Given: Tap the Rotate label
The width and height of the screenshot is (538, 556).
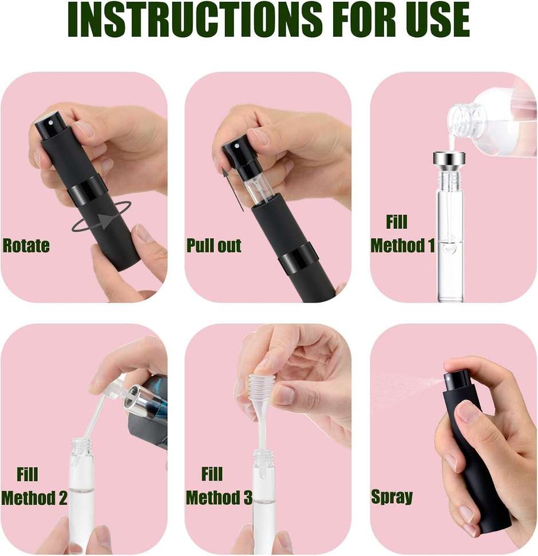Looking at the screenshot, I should click(x=26, y=246).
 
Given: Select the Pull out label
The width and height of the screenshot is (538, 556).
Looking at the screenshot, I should click(x=214, y=246).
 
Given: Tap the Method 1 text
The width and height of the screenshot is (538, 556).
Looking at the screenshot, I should click(x=402, y=246).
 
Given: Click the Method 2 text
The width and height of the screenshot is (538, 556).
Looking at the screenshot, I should click(x=34, y=497).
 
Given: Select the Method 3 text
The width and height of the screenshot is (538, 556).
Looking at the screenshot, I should click(x=219, y=497).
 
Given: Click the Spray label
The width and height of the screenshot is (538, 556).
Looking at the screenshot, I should click(x=391, y=496).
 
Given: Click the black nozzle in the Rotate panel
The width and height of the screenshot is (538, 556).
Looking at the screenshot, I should click(x=48, y=124).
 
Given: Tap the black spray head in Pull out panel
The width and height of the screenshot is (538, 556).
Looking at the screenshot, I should click(x=235, y=152).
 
